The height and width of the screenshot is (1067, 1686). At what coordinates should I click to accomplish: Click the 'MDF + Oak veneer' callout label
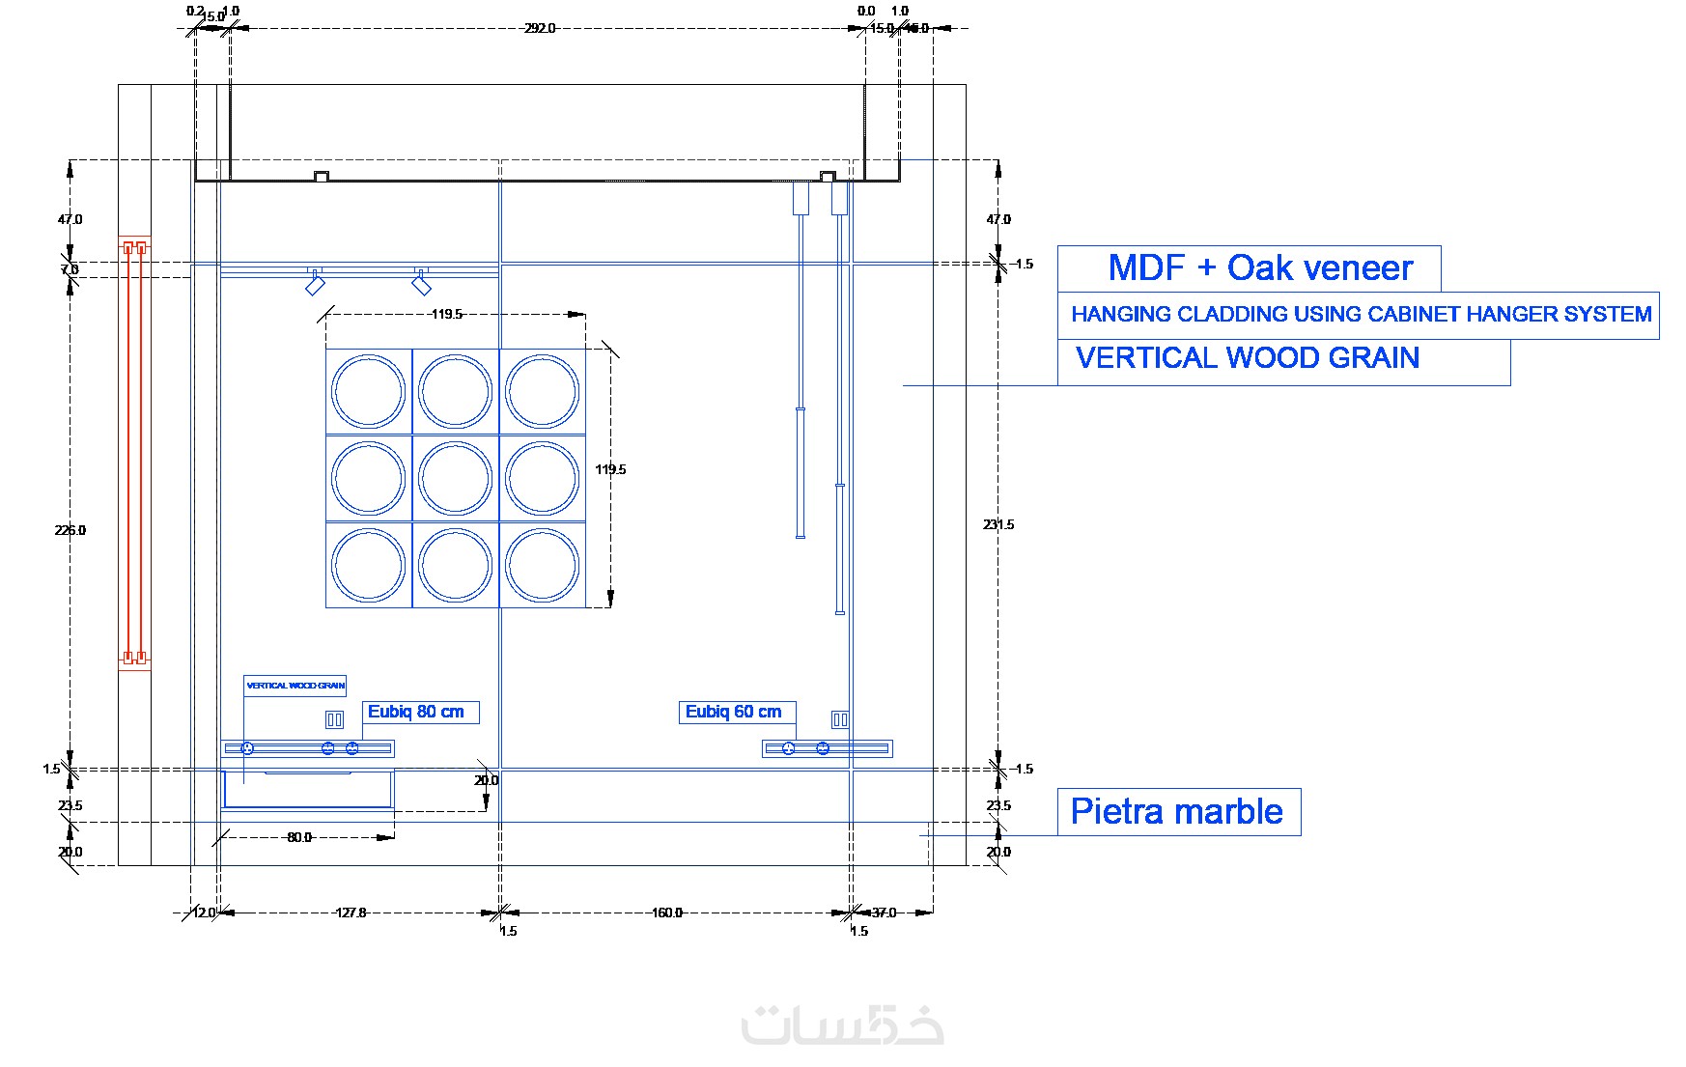(x=1259, y=267)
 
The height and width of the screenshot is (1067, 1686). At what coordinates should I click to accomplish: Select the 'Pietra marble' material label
(x=1176, y=811)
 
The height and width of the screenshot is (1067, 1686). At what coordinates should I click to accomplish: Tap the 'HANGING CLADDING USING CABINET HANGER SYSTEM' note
(x=1361, y=314)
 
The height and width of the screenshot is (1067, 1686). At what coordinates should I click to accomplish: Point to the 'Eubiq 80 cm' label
(x=416, y=712)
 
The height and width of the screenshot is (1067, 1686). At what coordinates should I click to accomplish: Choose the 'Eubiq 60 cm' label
(x=733, y=712)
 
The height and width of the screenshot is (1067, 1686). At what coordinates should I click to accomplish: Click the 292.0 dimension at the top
(x=540, y=28)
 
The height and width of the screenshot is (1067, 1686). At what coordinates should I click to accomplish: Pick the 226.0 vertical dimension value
(x=70, y=530)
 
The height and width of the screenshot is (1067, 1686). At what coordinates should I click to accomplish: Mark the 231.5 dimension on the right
(x=998, y=524)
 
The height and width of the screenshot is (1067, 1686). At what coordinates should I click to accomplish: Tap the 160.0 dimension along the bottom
(x=666, y=913)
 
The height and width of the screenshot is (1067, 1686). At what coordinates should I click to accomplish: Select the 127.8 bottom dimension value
(x=351, y=913)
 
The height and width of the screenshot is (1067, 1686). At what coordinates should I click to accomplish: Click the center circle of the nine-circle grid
(x=456, y=479)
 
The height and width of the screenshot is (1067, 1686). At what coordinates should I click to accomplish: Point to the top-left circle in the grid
(x=368, y=392)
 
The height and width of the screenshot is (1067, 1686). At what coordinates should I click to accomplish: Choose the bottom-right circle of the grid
(x=542, y=565)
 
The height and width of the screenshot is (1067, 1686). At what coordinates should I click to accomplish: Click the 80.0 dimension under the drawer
(x=299, y=837)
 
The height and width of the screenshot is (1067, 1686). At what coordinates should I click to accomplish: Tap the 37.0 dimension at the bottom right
(x=884, y=913)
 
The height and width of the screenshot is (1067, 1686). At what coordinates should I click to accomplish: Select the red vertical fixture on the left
(x=134, y=452)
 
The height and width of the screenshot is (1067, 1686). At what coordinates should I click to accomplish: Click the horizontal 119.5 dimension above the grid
(x=446, y=314)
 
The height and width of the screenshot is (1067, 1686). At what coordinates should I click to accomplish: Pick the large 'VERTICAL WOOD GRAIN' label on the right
(x=1247, y=358)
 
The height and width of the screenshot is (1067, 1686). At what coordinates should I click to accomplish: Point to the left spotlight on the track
(x=315, y=284)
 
